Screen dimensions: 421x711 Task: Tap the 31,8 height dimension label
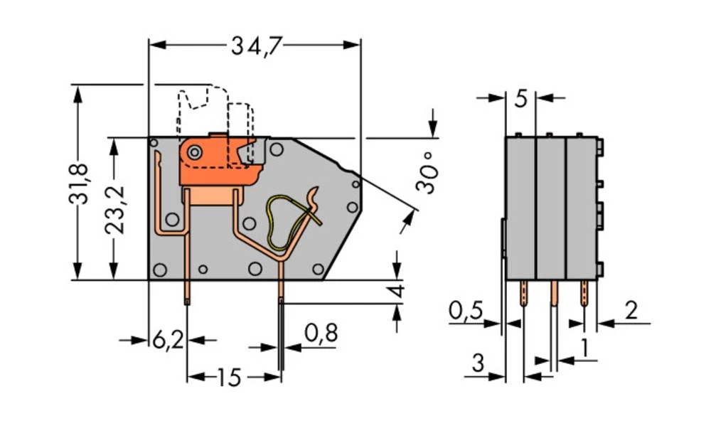[x=79, y=183]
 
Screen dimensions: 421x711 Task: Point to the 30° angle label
[x=425, y=178]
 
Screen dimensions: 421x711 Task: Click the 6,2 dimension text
[x=168, y=341]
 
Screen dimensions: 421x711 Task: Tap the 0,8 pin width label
[x=321, y=332]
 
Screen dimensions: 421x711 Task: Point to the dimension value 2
[x=631, y=311]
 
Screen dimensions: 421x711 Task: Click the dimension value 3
[x=478, y=363]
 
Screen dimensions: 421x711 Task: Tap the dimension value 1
[x=584, y=348]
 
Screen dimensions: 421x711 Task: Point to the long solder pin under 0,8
[x=282, y=334]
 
